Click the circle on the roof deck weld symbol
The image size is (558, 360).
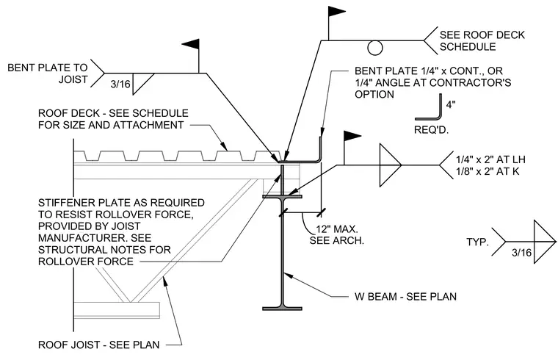374,48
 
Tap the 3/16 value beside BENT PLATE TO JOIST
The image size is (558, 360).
120,84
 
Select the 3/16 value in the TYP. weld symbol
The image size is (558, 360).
521,253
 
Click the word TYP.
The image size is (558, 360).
477,242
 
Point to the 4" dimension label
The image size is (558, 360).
451,104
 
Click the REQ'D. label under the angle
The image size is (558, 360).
431,130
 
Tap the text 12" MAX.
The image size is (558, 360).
337,228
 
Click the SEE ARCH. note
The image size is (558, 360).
337,240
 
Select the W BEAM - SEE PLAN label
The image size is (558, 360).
406,297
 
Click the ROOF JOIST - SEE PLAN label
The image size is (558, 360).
99,345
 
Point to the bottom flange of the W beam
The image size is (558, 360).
282,309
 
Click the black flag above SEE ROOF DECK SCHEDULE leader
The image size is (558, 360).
336,12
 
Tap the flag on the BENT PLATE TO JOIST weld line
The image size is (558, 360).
191,45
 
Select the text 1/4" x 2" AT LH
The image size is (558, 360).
490,159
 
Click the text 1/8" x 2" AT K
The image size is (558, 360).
488,171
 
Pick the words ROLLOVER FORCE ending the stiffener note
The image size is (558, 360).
86,262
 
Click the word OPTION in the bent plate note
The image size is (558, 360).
374,94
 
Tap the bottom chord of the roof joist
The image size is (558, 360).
117,310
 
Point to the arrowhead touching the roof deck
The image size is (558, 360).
224,146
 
